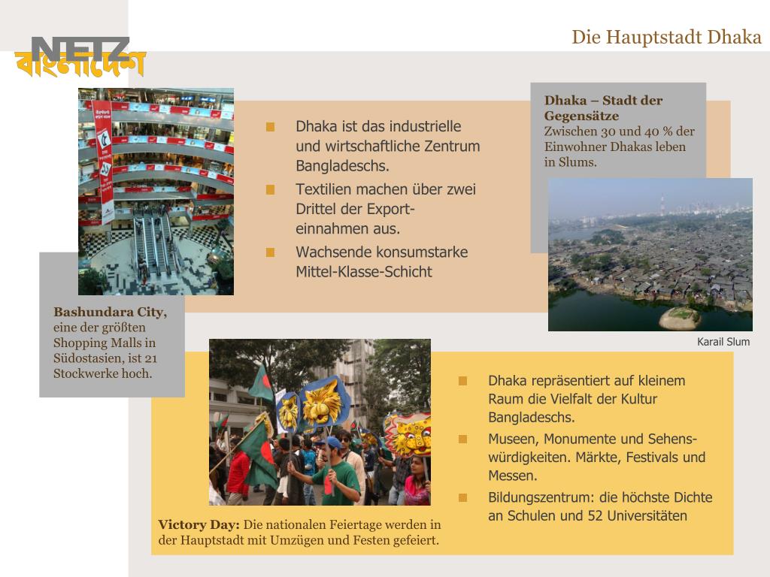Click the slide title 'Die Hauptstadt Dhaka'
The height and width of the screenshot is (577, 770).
click(666, 37)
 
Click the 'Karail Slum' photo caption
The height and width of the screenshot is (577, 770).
click(723, 342)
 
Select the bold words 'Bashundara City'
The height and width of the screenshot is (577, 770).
click(108, 312)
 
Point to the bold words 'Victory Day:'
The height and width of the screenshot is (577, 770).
click(199, 524)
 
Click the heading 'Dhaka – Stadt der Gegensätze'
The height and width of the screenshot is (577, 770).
click(603, 108)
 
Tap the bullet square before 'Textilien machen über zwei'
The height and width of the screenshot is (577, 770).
click(271, 189)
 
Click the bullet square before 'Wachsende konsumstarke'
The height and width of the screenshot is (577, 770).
click(271, 252)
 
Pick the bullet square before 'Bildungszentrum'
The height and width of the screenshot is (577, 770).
click(463, 497)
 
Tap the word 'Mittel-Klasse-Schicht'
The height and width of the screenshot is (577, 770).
click(364, 272)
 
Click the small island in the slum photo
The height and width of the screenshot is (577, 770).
click(679, 317)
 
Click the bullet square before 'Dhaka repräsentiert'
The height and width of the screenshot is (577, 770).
click(463, 381)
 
